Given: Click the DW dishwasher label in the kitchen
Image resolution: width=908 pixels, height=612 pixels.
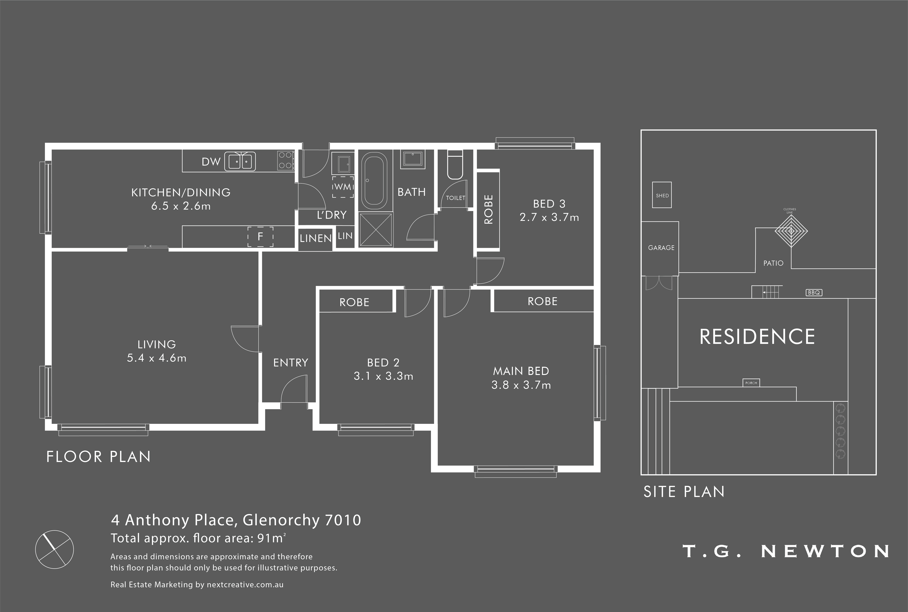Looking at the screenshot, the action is [x=211, y=162].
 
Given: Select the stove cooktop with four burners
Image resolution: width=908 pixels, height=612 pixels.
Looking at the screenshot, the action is [x=286, y=160].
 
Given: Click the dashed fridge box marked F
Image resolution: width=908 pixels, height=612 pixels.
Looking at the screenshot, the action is [x=260, y=237].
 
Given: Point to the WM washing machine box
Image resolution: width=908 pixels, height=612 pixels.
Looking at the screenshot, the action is [x=343, y=187].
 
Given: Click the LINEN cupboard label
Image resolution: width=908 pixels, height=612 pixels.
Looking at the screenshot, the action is [x=315, y=238].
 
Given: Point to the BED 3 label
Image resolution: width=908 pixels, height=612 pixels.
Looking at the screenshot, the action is [x=549, y=204].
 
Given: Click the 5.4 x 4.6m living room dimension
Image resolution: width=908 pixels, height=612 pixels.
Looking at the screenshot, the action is [x=157, y=358].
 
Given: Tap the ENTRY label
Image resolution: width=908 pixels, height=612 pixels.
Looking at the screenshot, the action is [x=291, y=363].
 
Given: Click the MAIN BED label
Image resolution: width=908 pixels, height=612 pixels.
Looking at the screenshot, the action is [x=521, y=371].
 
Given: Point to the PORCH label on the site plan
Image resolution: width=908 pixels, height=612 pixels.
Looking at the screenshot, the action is [x=751, y=383].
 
